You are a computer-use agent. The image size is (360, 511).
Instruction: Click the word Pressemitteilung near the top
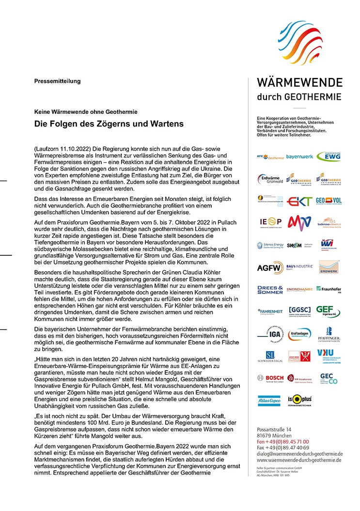57,81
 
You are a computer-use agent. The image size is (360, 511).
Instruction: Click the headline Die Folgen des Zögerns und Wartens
109,124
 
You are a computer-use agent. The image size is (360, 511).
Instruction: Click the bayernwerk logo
300,157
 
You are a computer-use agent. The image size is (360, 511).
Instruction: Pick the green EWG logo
329,156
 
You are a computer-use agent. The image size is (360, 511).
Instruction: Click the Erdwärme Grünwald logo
269,179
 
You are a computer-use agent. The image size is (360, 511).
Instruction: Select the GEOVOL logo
329,201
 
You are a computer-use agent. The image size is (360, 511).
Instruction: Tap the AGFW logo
269,267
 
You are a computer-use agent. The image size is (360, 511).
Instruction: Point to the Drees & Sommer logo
270,290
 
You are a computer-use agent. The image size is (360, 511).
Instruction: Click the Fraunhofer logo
329,289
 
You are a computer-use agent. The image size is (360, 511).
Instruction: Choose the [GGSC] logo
300,310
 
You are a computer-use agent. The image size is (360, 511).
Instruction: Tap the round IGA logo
269,334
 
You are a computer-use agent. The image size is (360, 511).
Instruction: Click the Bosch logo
270,378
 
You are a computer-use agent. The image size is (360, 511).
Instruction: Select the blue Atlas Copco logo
269,401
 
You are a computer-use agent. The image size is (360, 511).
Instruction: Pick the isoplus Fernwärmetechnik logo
300,401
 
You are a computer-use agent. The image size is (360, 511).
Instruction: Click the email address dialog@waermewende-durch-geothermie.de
299,454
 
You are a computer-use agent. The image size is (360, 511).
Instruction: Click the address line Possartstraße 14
274,430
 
